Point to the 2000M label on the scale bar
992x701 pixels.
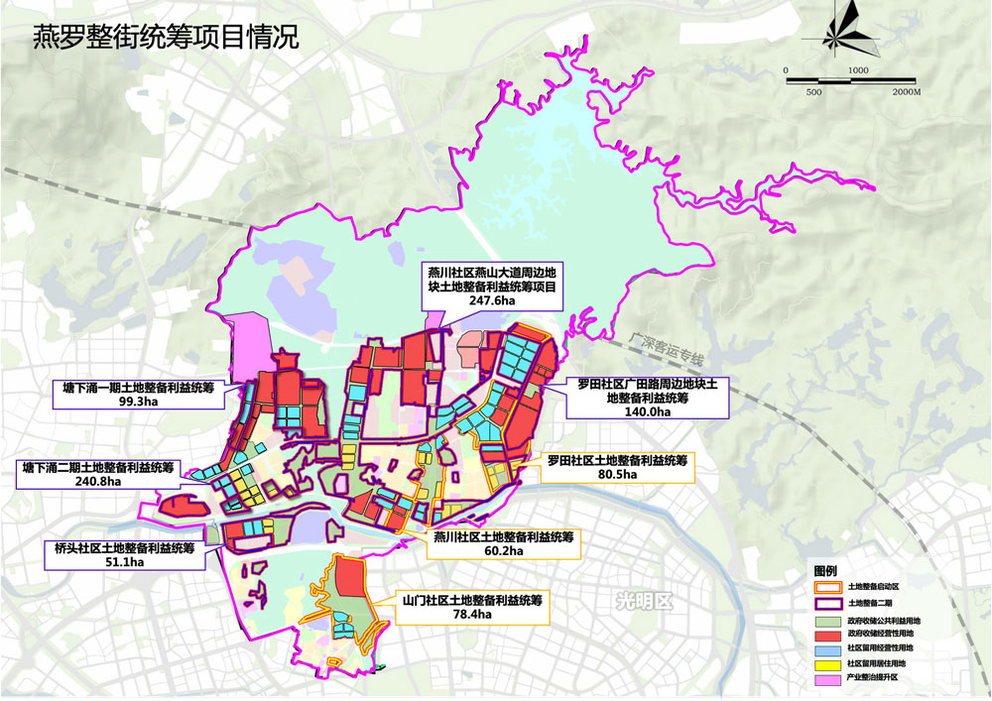905,91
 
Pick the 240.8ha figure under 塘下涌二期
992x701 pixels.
100,481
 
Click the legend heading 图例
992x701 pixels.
825,573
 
